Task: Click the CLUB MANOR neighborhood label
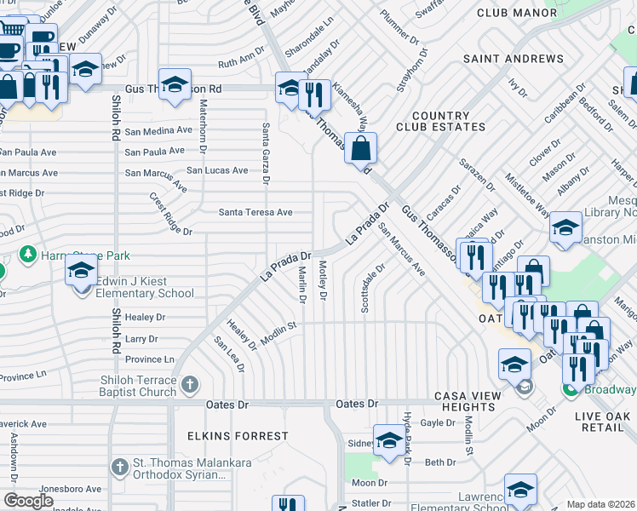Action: click(511, 13)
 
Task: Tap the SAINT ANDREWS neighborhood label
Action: click(513, 59)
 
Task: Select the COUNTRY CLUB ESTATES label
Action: click(440, 121)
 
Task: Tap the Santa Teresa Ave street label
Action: click(255, 212)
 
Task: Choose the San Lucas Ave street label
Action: click(217, 170)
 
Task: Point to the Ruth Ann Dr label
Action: click(241, 61)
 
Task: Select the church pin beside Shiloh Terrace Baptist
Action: click(189, 386)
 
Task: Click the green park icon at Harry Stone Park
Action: click(27, 255)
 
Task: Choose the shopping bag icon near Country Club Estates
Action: click(361, 148)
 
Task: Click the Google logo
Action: click(28, 500)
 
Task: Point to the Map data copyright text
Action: click(600, 504)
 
